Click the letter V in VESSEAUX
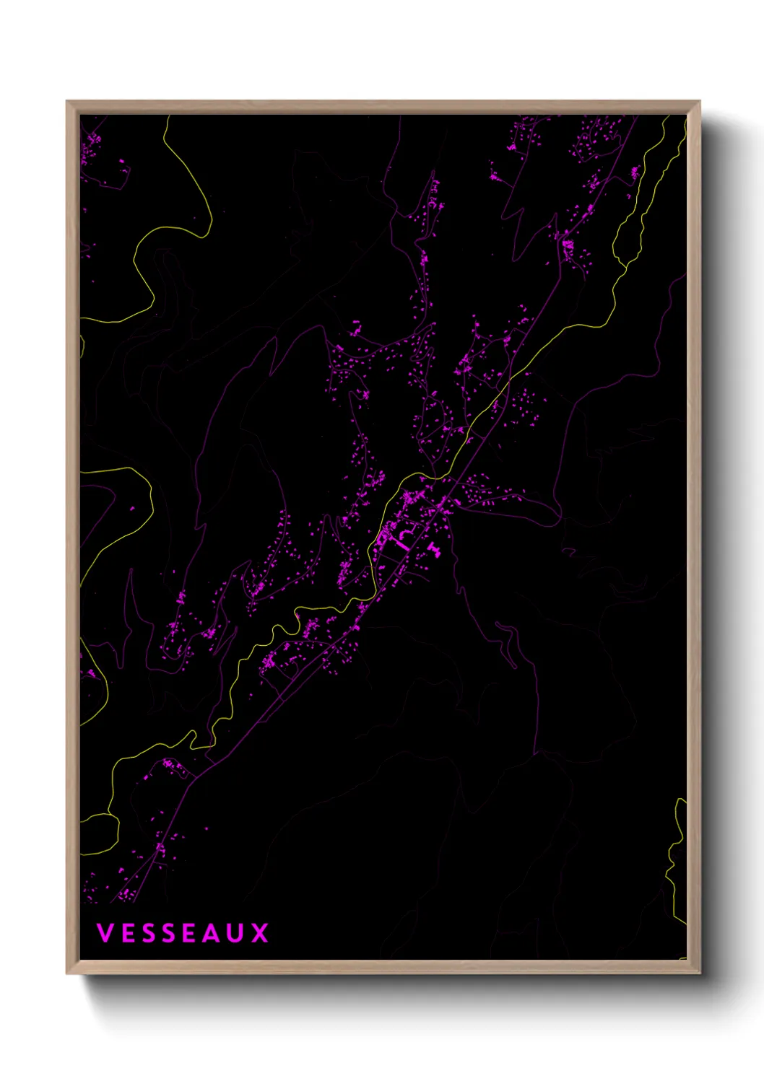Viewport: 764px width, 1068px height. pos(105,933)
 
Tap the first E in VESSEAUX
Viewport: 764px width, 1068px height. pos(126,933)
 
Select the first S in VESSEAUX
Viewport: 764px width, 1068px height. pos(147,933)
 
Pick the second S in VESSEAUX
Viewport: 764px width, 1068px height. pos(168,933)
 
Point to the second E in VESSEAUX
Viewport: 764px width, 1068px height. pos(188,933)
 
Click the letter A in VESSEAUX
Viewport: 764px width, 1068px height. pos(211,933)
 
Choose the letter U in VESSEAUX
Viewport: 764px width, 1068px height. pos(235,933)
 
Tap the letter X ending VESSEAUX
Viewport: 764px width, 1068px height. pos(259,933)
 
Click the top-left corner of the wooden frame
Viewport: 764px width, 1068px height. pos(68,102)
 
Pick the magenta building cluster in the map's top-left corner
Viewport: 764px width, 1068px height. pos(90,148)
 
